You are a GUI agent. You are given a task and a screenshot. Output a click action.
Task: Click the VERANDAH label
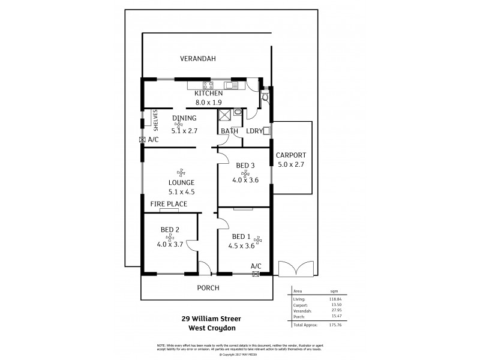pyautogui.click(x=197, y=59)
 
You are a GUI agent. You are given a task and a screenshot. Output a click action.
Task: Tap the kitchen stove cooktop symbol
pyautogui.click(x=208, y=85)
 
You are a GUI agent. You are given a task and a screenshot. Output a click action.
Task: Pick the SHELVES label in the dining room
pyautogui.click(x=155, y=120)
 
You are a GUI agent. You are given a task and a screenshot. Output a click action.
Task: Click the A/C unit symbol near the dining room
pyautogui.click(x=142, y=140)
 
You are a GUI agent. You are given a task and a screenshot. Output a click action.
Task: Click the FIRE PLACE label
pyautogui.click(x=169, y=204)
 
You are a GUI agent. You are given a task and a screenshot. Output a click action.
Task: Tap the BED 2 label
pyautogui.click(x=170, y=229)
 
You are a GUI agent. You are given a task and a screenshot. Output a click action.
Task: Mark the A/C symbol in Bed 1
pyautogui.click(x=256, y=274)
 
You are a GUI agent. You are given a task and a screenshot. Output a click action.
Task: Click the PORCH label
pyautogui.click(x=208, y=288)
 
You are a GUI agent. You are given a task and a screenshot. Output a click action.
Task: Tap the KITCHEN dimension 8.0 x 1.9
pyautogui.click(x=208, y=102)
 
